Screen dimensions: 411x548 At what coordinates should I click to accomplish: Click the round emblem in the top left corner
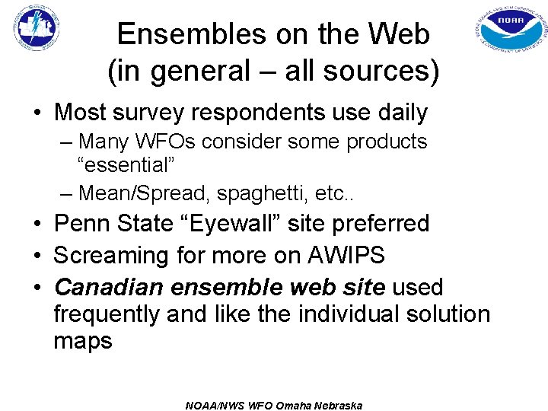37,29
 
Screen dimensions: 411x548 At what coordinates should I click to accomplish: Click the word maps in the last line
83,341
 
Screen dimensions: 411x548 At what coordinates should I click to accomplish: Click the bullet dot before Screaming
37,256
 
